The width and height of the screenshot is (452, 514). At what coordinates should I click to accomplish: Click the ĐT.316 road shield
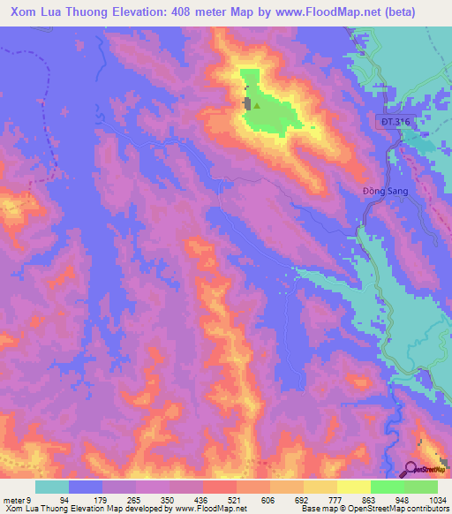pos(398,121)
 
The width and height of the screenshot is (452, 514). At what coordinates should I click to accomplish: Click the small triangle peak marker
pos(258,105)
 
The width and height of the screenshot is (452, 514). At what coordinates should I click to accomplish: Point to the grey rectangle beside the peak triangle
pos(248,104)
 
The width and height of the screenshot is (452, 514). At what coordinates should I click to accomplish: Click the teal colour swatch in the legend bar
pos(52,487)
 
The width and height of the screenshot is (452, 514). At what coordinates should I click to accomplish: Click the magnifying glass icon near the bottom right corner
pos(412,469)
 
